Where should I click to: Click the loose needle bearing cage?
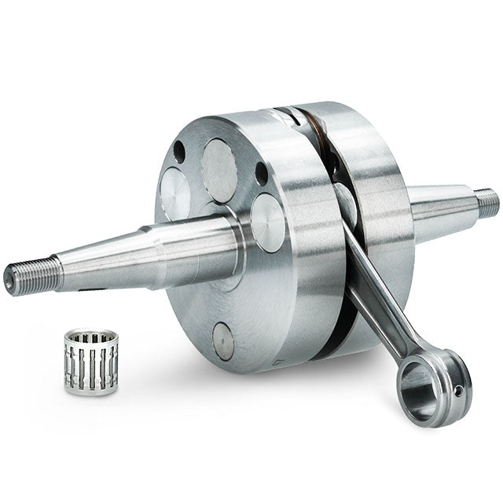pyautogui.click(x=91, y=362)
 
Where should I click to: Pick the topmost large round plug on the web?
pyautogui.click(x=219, y=170)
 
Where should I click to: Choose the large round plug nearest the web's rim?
pyautogui.click(x=269, y=222)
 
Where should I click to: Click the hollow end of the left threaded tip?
pyautogui.click(x=9, y=277)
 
